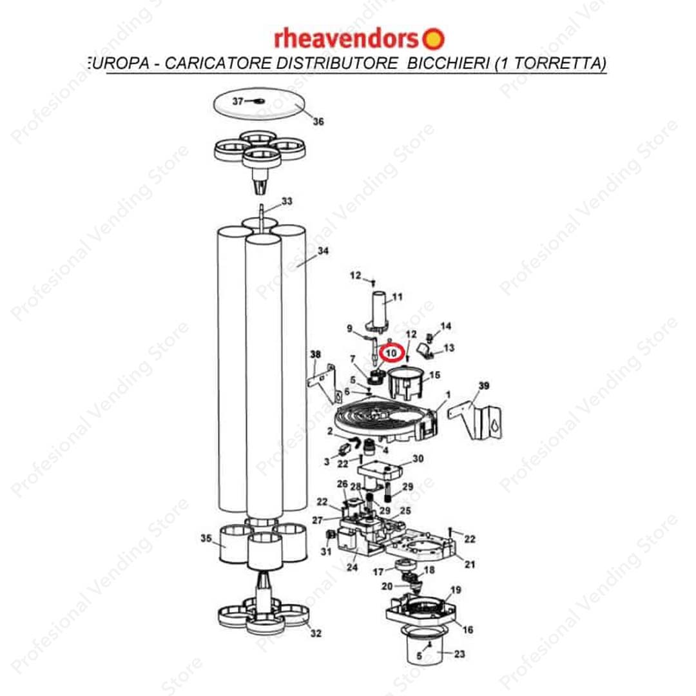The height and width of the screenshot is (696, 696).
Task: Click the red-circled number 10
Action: [x=392, y=353]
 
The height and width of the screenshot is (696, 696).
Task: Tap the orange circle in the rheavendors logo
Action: [x=433, y=39]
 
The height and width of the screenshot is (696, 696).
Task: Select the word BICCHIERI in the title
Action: [x=449, y=63]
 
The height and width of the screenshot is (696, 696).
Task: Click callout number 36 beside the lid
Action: [x=318, y=121]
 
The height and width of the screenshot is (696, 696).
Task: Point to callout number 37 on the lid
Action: [x=238, y=101]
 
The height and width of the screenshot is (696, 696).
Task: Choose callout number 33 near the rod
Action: [x=287, y=201]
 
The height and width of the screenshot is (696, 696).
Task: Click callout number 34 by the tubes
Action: [x=323, y=251]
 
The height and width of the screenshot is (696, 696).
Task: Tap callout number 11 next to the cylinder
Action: [x=397, y=296]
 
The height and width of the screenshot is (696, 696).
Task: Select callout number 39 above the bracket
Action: [x=484, y=386]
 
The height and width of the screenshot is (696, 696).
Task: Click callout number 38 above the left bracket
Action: [x=315, y=354]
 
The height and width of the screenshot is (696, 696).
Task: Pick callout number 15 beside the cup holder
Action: [x=434, y=375]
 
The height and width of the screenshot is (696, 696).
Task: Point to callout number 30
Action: [x=418, y=459]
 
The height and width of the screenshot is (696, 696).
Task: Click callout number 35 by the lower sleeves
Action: [x=206, y=538]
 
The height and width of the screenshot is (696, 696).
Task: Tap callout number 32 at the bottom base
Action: [x=316, y=633]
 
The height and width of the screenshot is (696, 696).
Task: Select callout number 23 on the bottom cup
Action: [x=459, y=654]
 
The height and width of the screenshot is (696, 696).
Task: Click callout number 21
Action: [x=470, y=564]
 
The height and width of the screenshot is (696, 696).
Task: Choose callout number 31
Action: [x=326, y=551]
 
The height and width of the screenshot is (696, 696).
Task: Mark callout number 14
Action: [x=446, y=326]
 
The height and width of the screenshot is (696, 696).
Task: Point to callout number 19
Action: [x=456, y=590]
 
